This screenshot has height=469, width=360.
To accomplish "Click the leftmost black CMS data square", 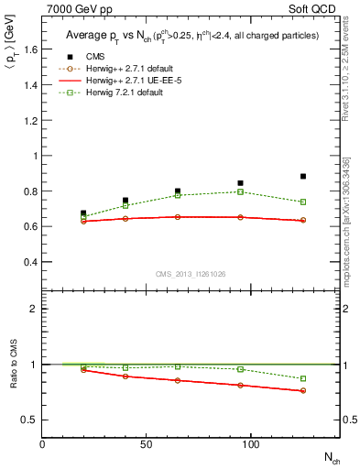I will (x=83, y=213).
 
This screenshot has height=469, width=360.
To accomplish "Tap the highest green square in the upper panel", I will (x=240, y=191).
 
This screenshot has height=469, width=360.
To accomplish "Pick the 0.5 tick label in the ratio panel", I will (x=28, y=420).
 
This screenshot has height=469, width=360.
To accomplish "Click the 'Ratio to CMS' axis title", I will (x=12, y=364).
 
